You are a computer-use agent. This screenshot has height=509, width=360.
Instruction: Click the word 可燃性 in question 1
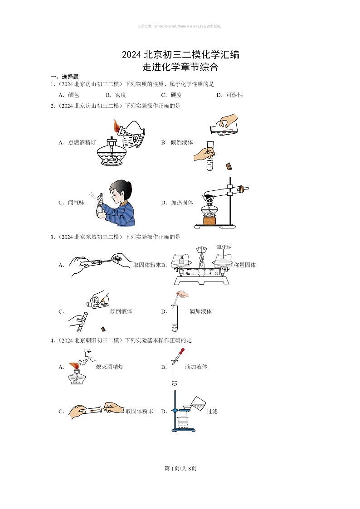(x=236, y=95)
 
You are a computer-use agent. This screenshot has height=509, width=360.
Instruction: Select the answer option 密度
(x=121, y=95)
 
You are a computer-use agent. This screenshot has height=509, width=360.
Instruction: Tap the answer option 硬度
(x=176, y=95)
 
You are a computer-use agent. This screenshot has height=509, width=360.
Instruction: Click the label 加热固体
(x=182, y=203)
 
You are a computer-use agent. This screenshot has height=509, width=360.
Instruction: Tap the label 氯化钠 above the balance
(x=224, y=247)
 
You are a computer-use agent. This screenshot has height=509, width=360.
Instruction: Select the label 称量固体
(x=245, y=265)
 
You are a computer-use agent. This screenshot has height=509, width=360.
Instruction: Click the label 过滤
(x=212, y=412)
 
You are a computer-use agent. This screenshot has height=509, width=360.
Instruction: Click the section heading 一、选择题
(x=64, y=77)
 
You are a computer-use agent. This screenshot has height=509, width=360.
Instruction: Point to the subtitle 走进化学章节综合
(x=180, y=68)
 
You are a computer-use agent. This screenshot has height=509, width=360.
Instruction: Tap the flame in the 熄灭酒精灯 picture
(x=73, y=365)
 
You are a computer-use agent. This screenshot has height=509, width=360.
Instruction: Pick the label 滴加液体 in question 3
(x=201, y=311)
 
